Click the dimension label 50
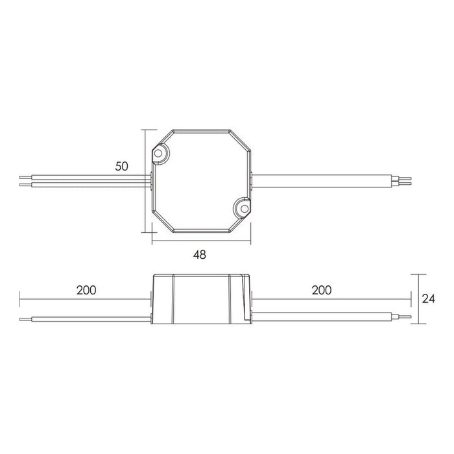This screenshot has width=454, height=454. pyautogui.click(x=121, y=166)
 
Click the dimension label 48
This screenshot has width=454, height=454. pyautogui.click(x=199, y=255)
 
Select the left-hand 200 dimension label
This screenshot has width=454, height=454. pyautogui.click(x=86, y=290)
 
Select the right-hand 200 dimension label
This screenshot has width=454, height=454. pyautogui.click(x=320, y=290)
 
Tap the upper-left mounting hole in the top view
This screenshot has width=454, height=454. pyautogui.click(x=160, y=153)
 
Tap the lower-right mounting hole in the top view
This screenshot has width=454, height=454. pyautogui.click(x=242, y=208)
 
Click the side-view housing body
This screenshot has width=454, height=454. pyautogui.click(x=201, y=298)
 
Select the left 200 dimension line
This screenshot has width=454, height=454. pyautogui.click(x=84, y=300)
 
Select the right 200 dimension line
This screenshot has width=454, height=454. pyautogui.click(x=331, y=300)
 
